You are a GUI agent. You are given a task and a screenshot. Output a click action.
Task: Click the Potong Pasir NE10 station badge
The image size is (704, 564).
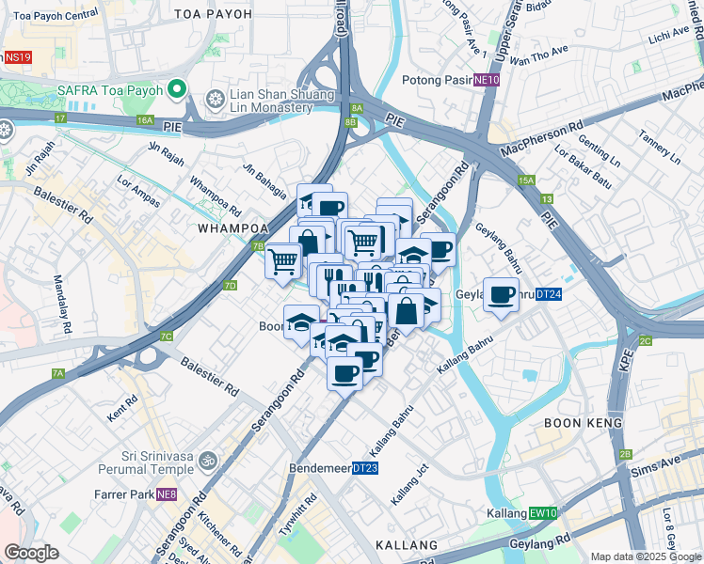(487, 80)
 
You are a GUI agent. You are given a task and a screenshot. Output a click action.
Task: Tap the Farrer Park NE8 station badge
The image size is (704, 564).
(167, 494)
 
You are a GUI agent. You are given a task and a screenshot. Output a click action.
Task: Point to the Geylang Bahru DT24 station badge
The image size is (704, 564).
(550, 294)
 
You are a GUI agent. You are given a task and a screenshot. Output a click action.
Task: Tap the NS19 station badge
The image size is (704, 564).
(17, 57)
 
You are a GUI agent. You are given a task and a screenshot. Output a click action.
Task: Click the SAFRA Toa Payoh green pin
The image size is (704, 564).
(176, 91)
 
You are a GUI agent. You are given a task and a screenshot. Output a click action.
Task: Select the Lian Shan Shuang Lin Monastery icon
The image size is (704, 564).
(216, 97)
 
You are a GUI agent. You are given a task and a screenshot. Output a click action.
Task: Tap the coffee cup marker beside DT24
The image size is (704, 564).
(502, 295)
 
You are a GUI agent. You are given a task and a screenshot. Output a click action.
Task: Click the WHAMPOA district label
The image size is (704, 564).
(233, 228)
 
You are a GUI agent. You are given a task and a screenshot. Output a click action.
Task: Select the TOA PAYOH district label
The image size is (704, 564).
(214, 14)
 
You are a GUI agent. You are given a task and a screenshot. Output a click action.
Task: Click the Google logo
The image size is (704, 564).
(31, 553)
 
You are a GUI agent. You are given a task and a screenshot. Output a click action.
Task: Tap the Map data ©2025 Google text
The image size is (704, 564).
(645, 556)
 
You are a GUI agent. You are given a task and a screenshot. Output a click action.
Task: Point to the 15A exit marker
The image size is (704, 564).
(525, 180)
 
